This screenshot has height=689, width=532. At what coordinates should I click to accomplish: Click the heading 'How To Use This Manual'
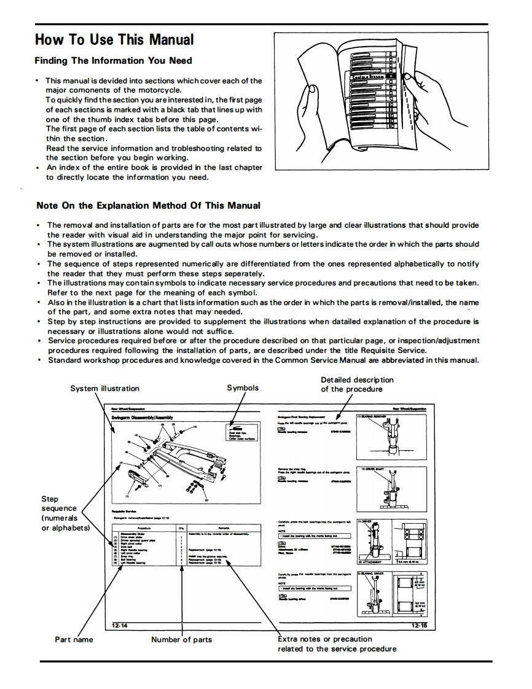(x=114, y=40)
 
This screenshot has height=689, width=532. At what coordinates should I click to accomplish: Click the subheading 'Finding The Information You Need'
(x=113, y=61)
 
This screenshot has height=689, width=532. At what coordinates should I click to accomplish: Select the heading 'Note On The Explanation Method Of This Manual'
(x=148, y=206)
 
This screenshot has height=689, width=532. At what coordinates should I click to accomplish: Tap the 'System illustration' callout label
(x=104, y=388)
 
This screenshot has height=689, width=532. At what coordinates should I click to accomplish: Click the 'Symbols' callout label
(x=243, y=387)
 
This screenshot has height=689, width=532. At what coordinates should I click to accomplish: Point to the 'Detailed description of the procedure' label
(x=357, y=384)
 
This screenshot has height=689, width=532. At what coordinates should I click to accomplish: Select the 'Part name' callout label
(x=74, y=639)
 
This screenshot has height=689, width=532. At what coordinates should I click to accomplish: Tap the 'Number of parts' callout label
(x=181, y=639)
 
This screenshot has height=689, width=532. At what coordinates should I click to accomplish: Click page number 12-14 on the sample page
(x=120, y=626)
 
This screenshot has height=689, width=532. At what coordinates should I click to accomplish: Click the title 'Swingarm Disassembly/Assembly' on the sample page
(x=142, y=417)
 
